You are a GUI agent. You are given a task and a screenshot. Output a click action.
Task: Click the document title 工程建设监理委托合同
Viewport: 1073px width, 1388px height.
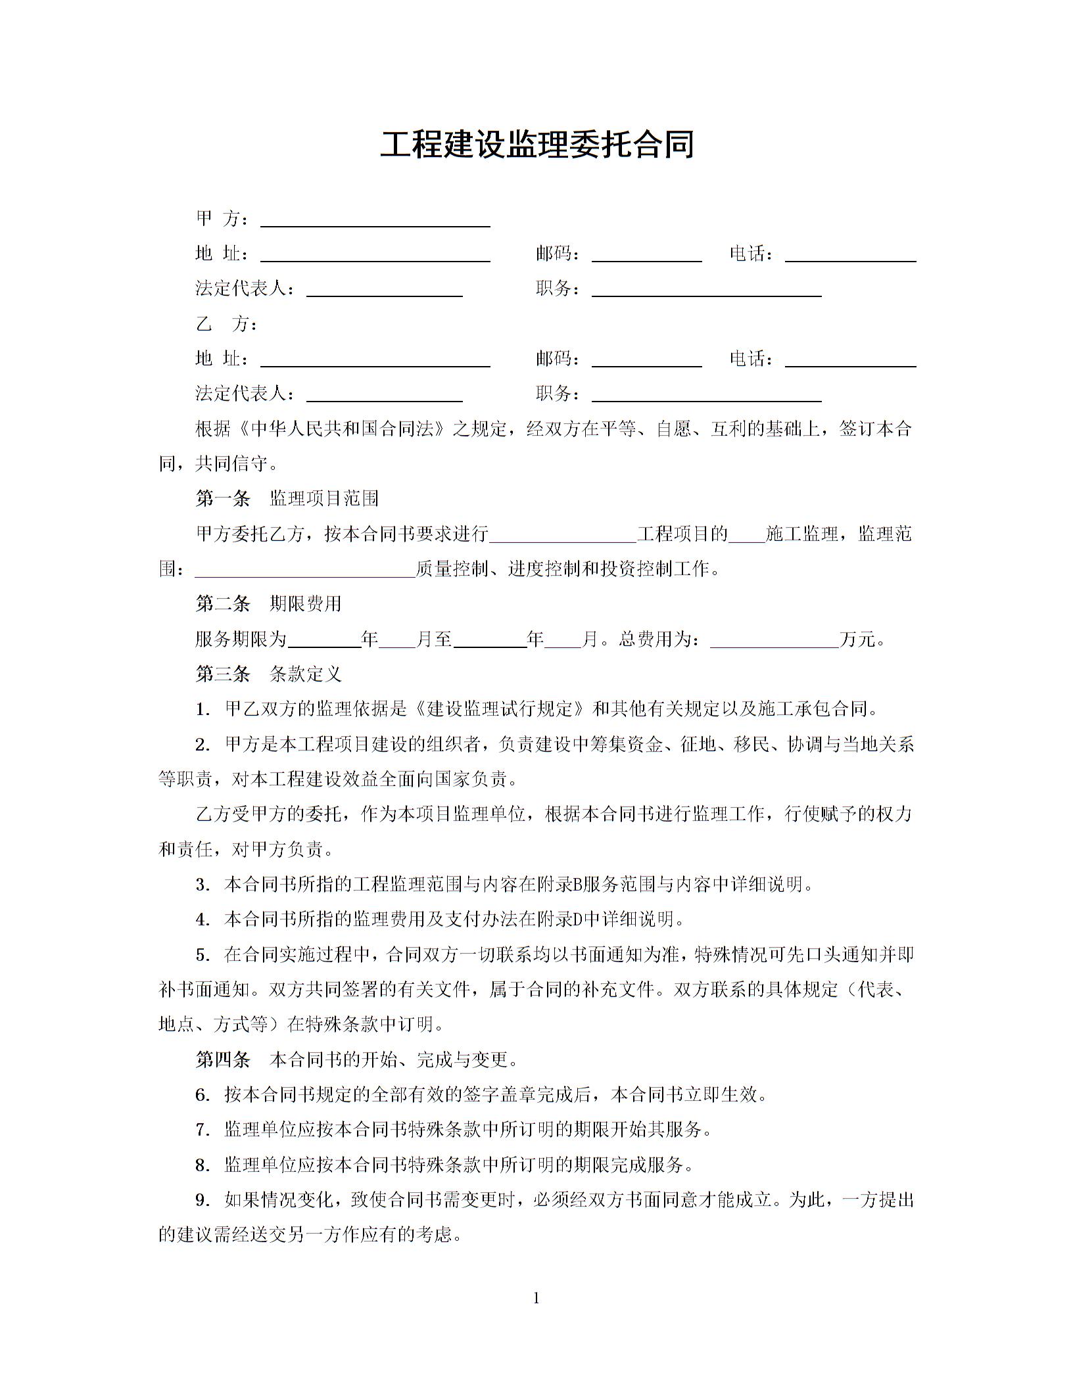pos(536,145)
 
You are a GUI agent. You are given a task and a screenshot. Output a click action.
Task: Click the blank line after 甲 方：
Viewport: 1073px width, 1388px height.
pos(375,221)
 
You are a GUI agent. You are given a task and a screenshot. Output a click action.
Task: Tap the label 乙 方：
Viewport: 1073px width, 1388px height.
pos(227,324)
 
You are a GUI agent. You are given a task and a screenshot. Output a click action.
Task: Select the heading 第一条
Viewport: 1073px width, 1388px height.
pos(223,499)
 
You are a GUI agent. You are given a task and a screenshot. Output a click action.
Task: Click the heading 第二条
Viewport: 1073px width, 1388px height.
pos(223,603)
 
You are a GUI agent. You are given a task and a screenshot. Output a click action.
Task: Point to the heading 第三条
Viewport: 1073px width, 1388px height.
pos(223,674)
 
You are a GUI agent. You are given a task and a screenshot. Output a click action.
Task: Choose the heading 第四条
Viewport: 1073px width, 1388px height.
pos(223,1059)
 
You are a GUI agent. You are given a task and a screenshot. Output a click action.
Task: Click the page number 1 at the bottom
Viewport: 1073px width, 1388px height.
pos(536,1298)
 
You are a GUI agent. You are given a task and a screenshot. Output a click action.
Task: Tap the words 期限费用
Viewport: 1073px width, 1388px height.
pos(306,603)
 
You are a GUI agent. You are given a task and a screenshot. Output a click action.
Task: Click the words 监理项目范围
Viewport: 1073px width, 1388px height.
pos(324,499)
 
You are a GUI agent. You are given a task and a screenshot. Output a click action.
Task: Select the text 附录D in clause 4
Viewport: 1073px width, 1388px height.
pos(578,919)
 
